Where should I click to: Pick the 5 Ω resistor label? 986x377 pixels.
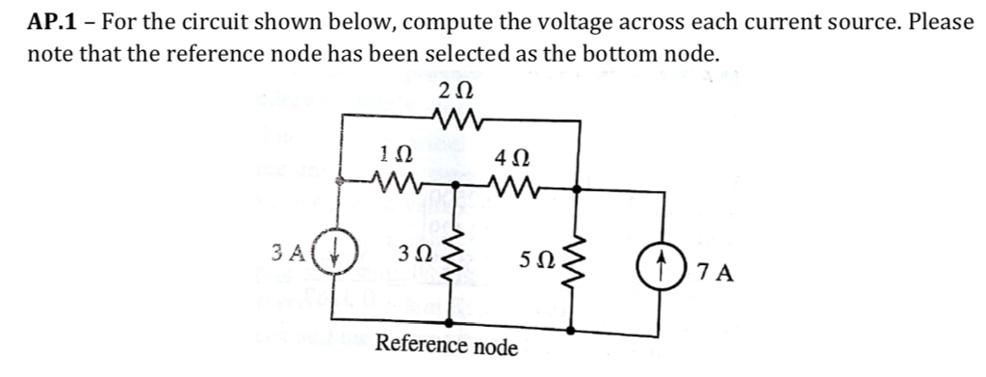click(536, 261)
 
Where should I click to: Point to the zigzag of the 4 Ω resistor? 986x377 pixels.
click(513, 180)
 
